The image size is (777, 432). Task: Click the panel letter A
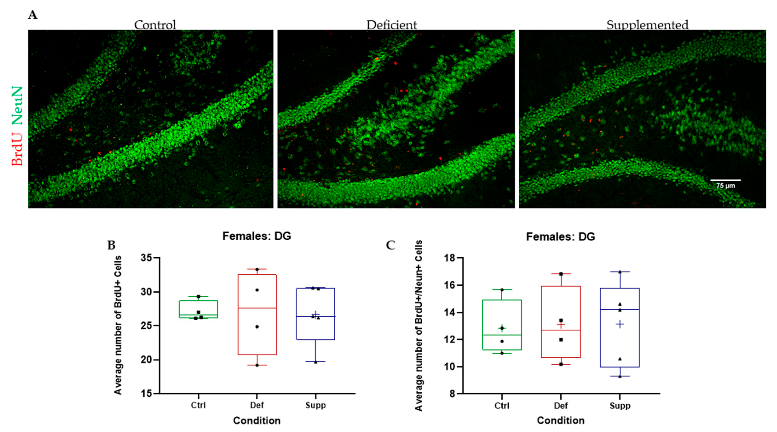click(x=33, y=14)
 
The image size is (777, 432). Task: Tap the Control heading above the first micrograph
click(x=155, y=25)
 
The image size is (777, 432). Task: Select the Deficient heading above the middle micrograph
click(x=391, y=25)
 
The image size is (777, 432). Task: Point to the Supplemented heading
click(x=647, y=25)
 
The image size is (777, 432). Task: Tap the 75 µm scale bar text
click(x=725, y=185)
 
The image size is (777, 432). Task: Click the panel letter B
click(x=111, y=245)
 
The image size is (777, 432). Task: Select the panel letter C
click(x=390, y=245)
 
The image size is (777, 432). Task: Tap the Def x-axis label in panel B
click(x=257, y=405)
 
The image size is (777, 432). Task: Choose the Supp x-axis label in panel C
click(x=620, y=406)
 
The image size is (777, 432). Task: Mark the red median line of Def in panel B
click(x=257, y=308)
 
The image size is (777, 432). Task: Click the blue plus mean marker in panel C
click(x=619, y=325)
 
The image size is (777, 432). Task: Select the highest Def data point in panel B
click(x=257, y=269)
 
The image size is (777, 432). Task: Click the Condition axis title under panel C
click(x=560, y=420)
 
